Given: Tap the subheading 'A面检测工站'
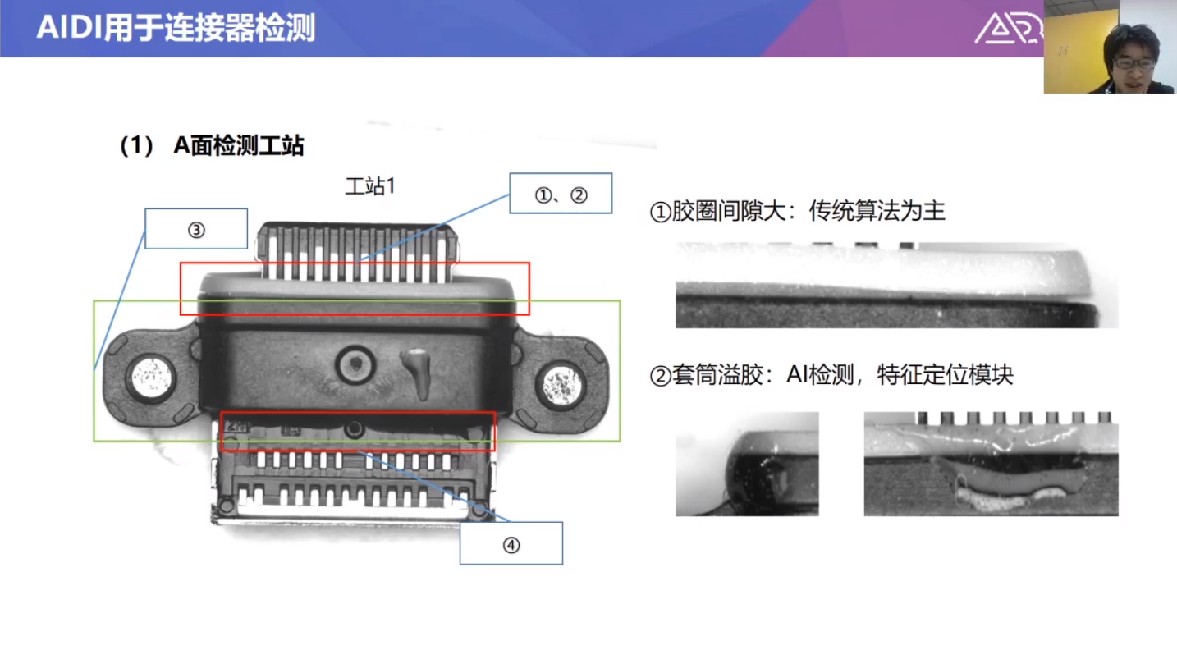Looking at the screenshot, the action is (239, 145).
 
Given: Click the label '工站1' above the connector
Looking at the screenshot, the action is (370, 186).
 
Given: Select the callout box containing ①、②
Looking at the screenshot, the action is (561, 194).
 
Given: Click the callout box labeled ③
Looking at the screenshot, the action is (196, 229).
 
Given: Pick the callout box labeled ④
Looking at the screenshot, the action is (511, 543).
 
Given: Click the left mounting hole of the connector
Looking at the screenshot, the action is (151, 378).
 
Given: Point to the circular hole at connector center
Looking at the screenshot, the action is (355, 364).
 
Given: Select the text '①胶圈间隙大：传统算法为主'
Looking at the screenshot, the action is (797, 211).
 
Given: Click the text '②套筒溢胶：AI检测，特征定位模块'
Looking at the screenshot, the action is (831, 375).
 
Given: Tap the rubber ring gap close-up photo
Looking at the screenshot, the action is (897, 286).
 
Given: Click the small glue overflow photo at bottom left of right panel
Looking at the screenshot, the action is (747, 464).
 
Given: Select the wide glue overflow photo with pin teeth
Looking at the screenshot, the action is (991, 464).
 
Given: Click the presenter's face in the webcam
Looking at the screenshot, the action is (1133, 61).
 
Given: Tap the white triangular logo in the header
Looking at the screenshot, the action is (1000, 29).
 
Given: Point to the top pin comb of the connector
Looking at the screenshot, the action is (356, 251).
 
